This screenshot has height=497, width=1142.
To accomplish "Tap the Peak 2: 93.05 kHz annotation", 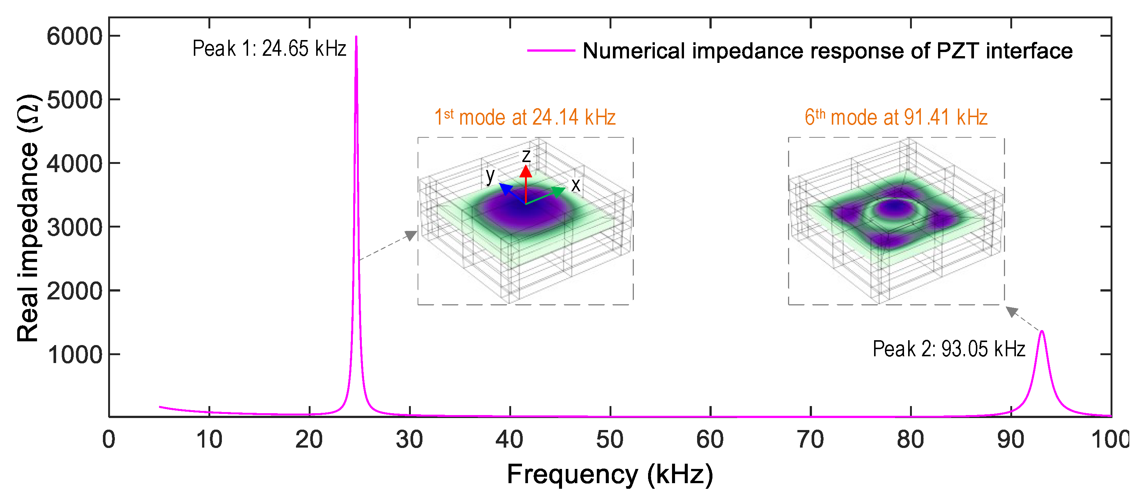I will (948, 349).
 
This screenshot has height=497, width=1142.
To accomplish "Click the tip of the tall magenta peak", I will (356, 37).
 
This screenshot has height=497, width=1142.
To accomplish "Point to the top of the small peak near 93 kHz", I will (1041, 331).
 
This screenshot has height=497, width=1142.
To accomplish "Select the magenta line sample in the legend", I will (551, 51).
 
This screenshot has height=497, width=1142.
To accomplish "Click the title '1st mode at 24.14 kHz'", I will (525, 118).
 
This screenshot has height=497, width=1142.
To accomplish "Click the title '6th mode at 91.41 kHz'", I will (896, 118).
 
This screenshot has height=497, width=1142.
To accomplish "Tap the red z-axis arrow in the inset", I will (526, 172).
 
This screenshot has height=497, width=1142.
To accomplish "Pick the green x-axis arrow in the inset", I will (557, 192).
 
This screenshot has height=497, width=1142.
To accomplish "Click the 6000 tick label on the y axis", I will (74, 36).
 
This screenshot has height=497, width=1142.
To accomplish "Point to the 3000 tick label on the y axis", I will (74, 228).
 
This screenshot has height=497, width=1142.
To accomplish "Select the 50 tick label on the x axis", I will (610, 440).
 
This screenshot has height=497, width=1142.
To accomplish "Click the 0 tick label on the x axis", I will (109, 440).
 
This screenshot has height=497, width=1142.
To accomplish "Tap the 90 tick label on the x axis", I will (1010, 440).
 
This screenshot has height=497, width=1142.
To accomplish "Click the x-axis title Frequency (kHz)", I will (610, 475).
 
